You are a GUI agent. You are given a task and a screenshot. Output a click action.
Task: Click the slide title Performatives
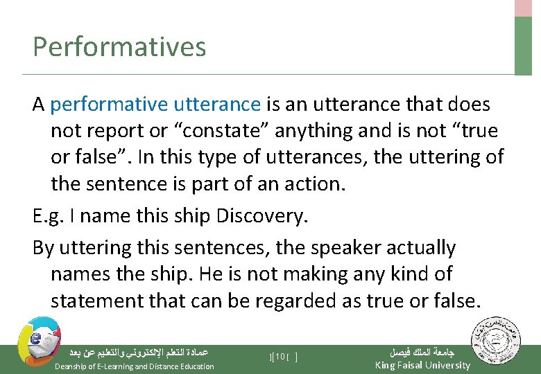tap(119, 47)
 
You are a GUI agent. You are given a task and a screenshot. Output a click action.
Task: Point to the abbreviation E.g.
tap(48, 215)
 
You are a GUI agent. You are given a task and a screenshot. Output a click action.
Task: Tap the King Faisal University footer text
tap(422, 365)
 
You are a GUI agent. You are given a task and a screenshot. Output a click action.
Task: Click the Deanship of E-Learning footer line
tap(134, 366)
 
